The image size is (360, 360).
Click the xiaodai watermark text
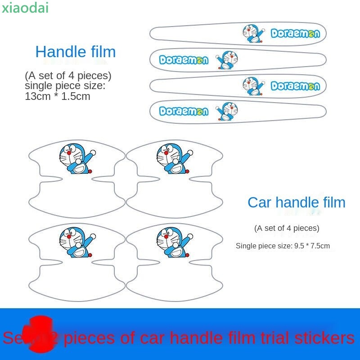pos(25,8)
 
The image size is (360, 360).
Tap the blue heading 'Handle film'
pos(76,52)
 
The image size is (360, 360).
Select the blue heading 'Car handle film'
pos(296,202)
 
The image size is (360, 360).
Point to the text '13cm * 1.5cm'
pos(58,96)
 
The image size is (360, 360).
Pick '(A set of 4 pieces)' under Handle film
pos(68,75)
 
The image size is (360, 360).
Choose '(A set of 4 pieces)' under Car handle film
pos(287,228)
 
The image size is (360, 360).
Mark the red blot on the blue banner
pos(40,331)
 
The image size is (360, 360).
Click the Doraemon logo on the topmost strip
pos(295,34)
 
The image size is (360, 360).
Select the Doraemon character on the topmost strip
pos(252,34)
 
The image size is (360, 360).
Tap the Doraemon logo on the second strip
pos(184,60)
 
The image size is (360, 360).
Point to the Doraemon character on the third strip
pos(252,85)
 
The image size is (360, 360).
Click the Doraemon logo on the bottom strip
pos(184,112)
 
